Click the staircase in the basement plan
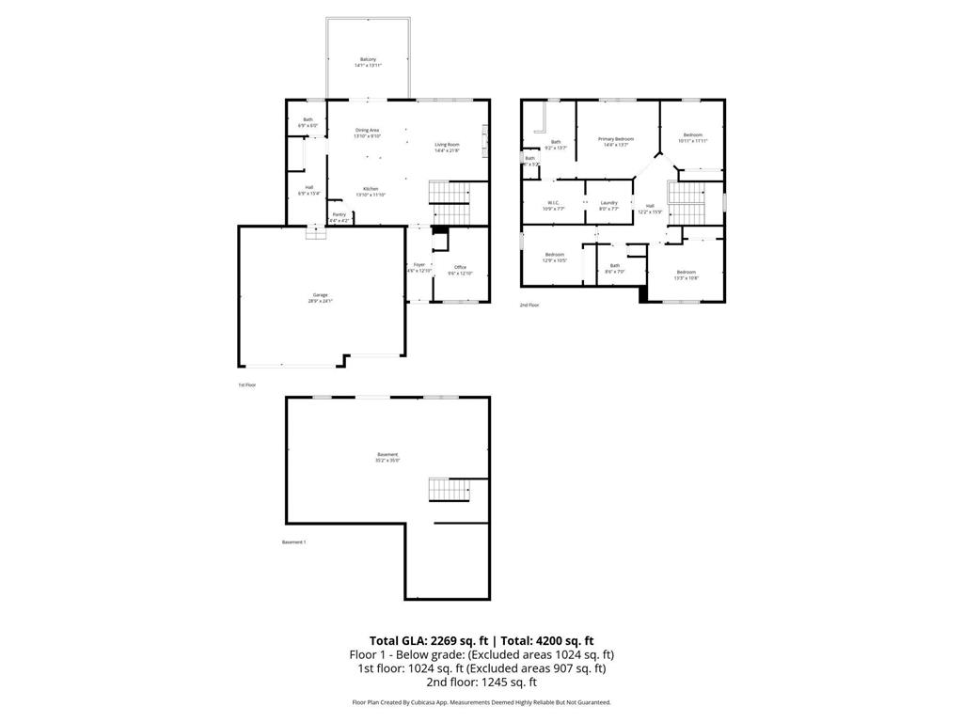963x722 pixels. [448, 490]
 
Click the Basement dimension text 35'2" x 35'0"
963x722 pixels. [387, 461]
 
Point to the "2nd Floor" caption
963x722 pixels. [529, 306]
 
